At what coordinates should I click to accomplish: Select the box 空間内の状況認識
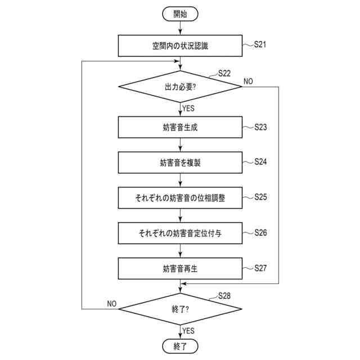(x=180, y=46)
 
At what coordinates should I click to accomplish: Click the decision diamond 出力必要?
(x=180, y=87)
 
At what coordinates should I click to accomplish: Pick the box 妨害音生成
(x=180, y=128)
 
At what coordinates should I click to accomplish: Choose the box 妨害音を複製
(x=180, y=163)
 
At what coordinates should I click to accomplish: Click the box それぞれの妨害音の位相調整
(x=180, y=198)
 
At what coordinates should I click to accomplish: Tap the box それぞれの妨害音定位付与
(x=180, y=232)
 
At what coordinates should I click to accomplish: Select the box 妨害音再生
(x=180, y=268)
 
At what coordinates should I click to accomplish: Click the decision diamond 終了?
(x=180, y=309)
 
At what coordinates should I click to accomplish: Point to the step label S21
(x=260, y=43)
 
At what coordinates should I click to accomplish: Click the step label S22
(x=223, y=74)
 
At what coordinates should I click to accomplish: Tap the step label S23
(x=260, y=127)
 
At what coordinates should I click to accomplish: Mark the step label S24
(x=260, y=161)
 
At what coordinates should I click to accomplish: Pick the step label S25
(x=260, y=197)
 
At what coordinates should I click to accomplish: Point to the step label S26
(x=260, y=232)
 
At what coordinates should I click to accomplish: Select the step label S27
(x=260, y=267)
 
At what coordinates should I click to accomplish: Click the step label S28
(x=223, y=295)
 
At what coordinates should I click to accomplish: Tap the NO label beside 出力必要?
(x=248, y=82)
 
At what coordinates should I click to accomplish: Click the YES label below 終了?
(x=188, y=331)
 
